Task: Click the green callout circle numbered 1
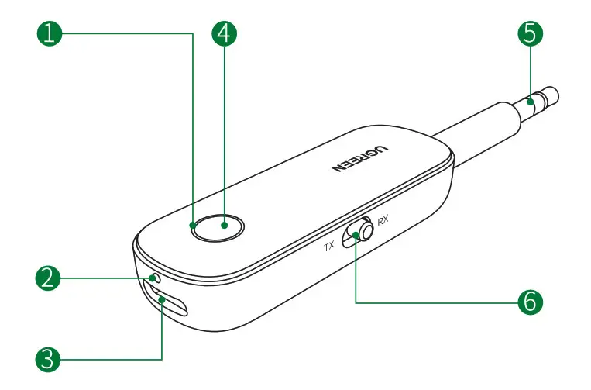49,33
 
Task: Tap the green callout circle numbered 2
49,278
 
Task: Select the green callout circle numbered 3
49,358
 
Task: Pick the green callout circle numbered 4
225,33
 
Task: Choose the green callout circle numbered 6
530,301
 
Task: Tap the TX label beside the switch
329,246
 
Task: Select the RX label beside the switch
382,220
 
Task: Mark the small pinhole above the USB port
154,277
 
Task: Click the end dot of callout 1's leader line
192,226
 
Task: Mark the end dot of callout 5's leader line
530,101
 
